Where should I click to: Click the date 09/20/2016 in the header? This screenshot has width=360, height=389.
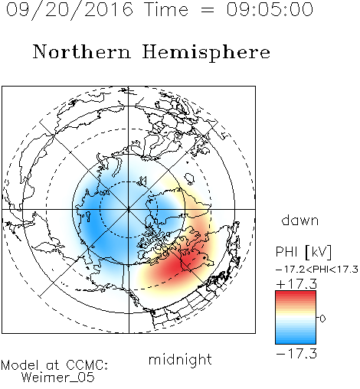click(70, 10)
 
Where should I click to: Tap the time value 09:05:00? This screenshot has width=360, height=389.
click(270, 9)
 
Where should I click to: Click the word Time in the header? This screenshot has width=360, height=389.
click(166, 9)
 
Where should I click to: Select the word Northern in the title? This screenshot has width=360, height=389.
click(82, 52)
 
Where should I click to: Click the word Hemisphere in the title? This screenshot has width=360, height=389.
click(206, 53)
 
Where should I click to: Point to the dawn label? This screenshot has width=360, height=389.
click(300, 220)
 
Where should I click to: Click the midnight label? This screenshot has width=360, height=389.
click(180, 360)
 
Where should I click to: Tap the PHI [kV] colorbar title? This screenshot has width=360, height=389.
click(303, 252)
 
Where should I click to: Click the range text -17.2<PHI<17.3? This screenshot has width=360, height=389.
click(317, 270)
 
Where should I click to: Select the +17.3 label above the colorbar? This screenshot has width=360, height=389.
click(296, 284)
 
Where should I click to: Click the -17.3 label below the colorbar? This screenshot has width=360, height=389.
click(296, 354)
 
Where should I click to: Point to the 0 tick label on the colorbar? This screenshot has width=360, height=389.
click(322, 319)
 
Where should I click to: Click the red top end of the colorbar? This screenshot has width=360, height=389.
click(296, 293)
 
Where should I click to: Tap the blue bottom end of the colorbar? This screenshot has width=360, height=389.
click(296, 342)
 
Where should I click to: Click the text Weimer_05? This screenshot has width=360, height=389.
click(58, 378)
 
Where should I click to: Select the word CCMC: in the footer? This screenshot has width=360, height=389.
click(87, 365)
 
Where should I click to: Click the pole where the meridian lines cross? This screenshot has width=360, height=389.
click(129, 209)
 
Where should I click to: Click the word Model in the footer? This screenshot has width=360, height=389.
click(20, 365)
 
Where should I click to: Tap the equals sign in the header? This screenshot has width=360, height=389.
click(208, 10)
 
